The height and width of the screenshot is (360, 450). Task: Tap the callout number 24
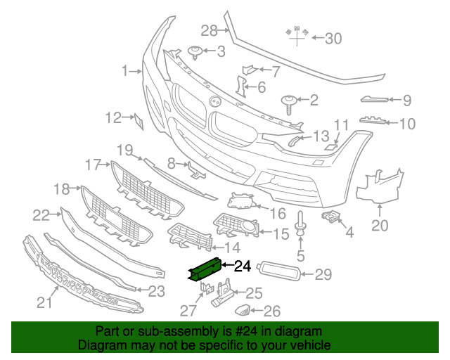coord(242,266)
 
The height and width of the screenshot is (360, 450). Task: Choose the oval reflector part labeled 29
coord(281,271)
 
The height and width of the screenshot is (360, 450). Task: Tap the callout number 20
coord(380,226)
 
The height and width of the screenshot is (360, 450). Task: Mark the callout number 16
coord(278,212)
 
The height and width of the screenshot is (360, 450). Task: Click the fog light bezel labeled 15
coord(238,226)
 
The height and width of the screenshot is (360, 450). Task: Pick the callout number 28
coord(210,30)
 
